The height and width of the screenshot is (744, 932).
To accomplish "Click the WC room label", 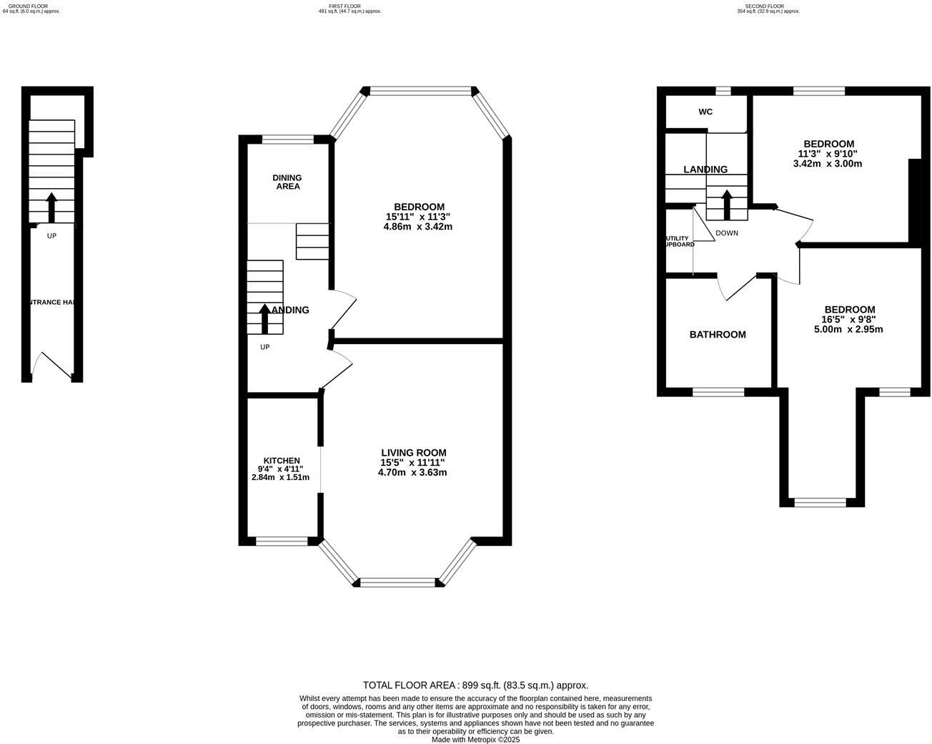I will [x=705, y=112].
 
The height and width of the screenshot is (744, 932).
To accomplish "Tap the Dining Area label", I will [x=287, y=182].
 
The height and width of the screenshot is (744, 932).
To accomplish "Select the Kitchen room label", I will [x=282, y=461].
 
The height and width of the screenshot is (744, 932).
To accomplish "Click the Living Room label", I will [x=413, y=453].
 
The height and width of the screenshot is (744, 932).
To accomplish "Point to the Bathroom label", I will [x=717, y=335].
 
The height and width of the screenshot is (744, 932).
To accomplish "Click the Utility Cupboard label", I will [x=679, y=241].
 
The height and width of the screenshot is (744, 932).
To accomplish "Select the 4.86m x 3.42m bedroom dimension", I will [x=417, y=227].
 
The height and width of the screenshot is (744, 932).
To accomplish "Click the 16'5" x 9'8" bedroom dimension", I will [x=848, y=320].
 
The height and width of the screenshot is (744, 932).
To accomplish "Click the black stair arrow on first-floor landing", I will [x=264, y=319].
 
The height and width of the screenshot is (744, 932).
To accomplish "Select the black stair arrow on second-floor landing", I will [x=727, y=205].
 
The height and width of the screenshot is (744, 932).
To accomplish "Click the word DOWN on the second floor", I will [x=726, y=233].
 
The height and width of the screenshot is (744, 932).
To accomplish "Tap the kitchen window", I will [x=282, y=542].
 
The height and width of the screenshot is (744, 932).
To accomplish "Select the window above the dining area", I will [x=287, y=140].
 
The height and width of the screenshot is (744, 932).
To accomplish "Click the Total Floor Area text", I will [x=475, y=685].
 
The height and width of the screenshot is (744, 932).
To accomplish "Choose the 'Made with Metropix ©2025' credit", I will [x=475, y=740].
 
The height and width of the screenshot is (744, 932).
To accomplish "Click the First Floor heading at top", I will [x=349, y=6].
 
